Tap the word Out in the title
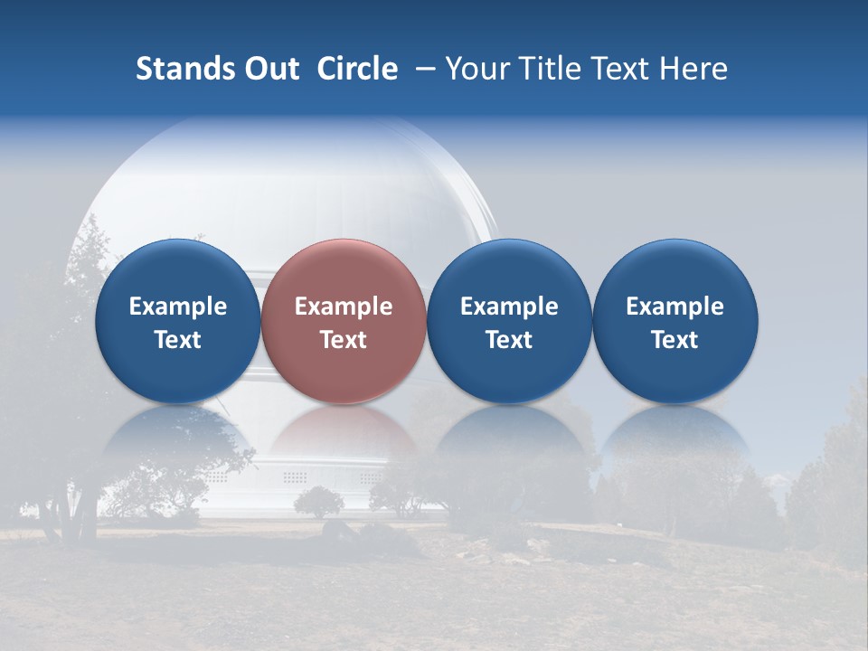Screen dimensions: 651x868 pos(270,69)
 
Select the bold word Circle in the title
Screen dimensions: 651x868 pos(357,69)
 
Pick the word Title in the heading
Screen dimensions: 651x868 pos(552,69)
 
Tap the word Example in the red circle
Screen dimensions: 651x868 pos(344,307)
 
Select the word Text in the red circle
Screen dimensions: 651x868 pos(344,340)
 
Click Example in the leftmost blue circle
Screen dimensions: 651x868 pos(178,307)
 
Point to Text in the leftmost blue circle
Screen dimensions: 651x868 pos(178,340)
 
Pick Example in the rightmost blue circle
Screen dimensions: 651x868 pos(675,307)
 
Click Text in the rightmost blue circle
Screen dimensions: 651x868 pos(675,340)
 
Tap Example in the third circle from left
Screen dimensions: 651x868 pos(509,307)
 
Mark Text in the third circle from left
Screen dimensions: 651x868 pos(509,340)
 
